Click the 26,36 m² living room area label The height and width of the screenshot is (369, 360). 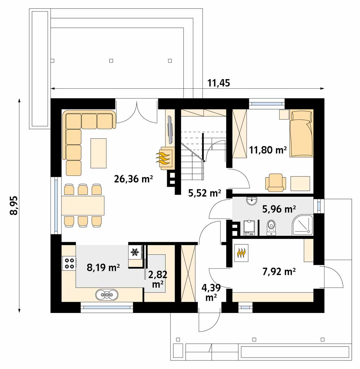(134, 179)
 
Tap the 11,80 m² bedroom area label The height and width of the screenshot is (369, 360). (268, 150)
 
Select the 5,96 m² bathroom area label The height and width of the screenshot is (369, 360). (279, 209)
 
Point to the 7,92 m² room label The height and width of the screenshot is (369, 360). (279, 272)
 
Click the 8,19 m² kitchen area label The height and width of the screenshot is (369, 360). (103, 267)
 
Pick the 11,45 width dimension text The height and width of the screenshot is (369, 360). (219, 83)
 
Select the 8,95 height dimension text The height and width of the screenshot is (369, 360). (14, 205)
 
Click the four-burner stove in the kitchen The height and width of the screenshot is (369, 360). (69, 263)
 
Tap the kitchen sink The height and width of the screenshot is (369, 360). (107, 294)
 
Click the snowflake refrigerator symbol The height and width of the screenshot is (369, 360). (135, 252)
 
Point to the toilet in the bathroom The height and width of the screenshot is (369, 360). (271, 228)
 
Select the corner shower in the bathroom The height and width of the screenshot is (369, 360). (303, 225)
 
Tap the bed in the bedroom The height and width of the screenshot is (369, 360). (301, 133)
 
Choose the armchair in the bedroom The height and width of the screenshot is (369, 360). (276, 182)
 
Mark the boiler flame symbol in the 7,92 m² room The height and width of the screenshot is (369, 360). (241, 253)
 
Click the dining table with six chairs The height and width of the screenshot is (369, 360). (83, 205)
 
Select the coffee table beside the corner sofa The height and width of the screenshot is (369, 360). (99, 153)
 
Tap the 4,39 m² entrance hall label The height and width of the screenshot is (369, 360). (211, 293)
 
